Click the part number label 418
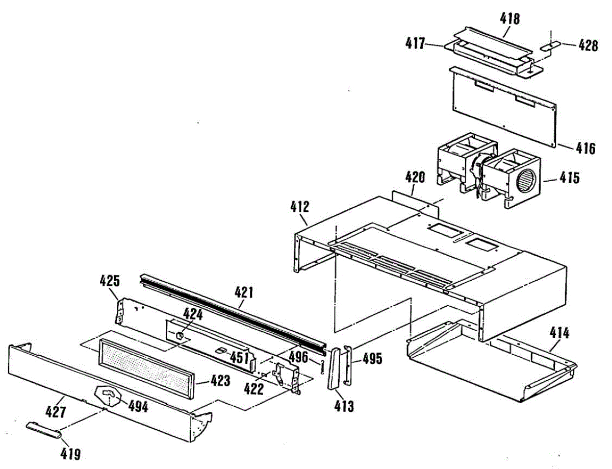(x=510, y=19)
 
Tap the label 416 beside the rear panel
(x=585, y=149)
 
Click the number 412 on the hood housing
(x=299, y=207)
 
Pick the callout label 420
(x=415, y=177)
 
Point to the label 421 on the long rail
(x=243, y=293)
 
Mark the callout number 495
(x=372, y=359)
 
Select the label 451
(x=239, y=356)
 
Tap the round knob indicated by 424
(x=181, y=335)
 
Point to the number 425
(x=110, y=280)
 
